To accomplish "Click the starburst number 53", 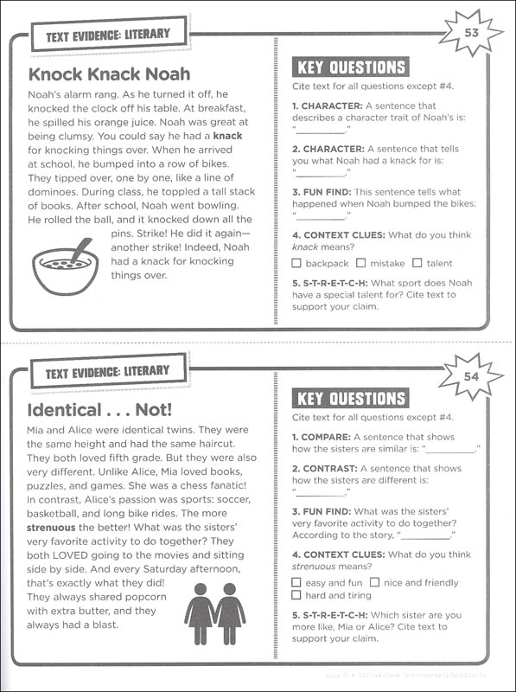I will click(x=471, y=33).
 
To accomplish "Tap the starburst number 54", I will click(x=471, y=376).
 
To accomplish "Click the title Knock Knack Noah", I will click(x=109, y=74).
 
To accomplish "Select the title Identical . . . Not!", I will click(x=100, y=408).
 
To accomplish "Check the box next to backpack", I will click(x=297, y=263).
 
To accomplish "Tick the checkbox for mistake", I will click(x=361, y=263).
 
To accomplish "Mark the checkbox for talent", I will click(x=417, y=263).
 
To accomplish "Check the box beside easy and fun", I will click(x=297, y=583).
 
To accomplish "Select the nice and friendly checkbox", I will click(x=374, y=583).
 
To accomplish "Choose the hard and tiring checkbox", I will click(x=297, y=596).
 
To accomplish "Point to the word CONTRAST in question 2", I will click(x=331, y=468).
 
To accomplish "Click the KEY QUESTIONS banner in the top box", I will click(x=350, y=67).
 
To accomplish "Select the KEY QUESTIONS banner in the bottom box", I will click(x=350, y=399).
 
